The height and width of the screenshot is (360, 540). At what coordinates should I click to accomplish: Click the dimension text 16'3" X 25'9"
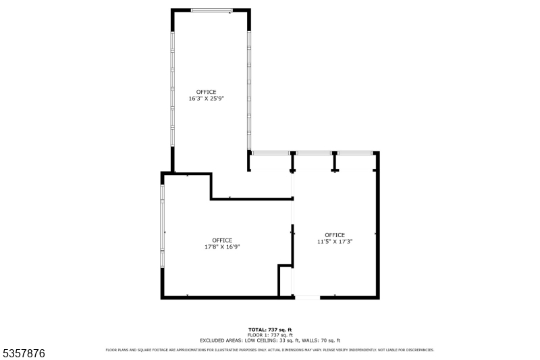(x=206, y=99)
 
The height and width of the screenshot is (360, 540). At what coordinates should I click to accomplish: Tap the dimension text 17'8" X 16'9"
(x=222, y=247)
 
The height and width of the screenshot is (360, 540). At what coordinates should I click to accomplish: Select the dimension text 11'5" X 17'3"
(x=335, y=241)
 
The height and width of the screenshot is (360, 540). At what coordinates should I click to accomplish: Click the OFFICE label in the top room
(x=206, y=92)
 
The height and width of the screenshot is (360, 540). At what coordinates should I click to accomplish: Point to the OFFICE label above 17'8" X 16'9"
(x=222, y=240)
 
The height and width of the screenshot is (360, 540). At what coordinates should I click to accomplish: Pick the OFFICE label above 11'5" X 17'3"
(x=335, y=235)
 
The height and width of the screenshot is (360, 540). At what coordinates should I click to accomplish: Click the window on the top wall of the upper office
(x=212, y=11)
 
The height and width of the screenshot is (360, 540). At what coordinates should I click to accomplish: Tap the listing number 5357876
(x=24, y=353)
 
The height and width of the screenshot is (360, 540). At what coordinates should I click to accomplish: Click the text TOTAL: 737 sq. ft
(x=270, y=330)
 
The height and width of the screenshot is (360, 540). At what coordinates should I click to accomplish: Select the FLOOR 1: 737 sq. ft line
(x=270, y=335)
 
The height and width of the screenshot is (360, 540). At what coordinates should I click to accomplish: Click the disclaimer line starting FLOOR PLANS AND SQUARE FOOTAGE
(x=270, y=350)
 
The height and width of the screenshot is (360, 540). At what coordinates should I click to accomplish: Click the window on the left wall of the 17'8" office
(x=163, y=226)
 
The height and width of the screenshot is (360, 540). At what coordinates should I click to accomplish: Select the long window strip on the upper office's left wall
(x=173, y=88)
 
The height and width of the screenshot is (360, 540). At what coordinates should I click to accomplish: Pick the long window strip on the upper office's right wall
(x=249, y=88)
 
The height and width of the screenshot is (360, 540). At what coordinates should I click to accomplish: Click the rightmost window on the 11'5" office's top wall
(x=355, y=153)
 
